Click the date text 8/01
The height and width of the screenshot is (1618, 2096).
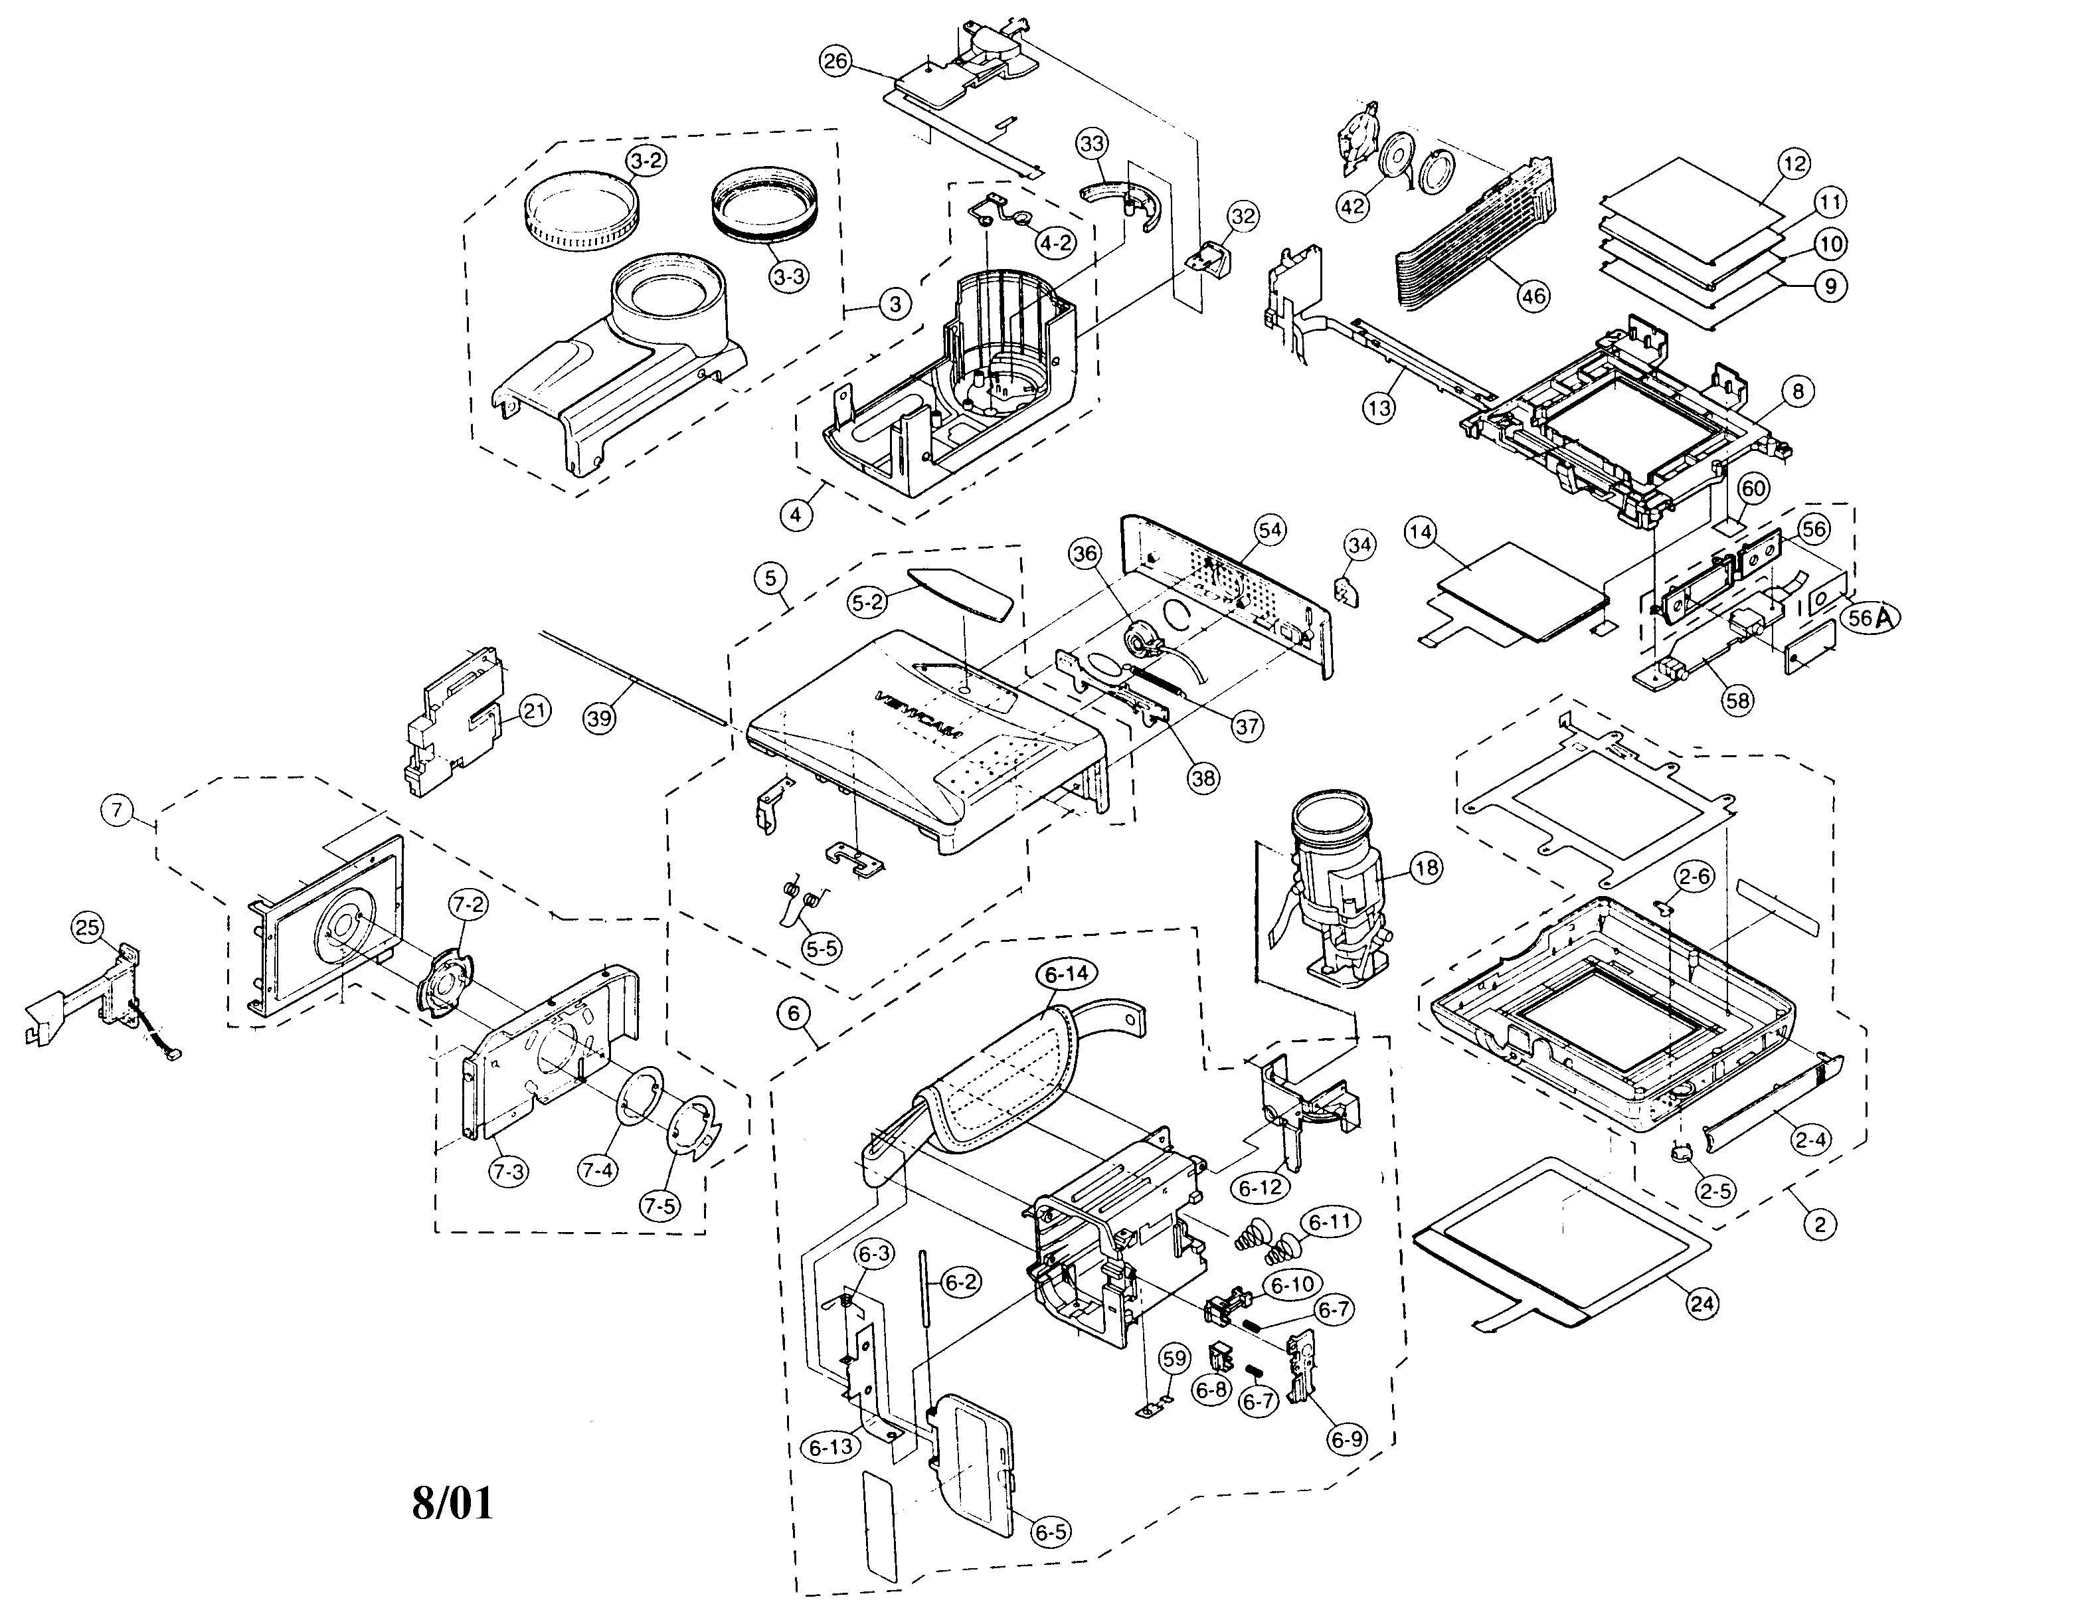[452, 1503]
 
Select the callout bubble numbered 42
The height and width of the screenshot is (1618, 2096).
[1355, 209]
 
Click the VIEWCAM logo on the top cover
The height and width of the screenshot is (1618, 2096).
[918, 715]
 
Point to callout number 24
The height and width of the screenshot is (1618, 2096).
[1704, 1303]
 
